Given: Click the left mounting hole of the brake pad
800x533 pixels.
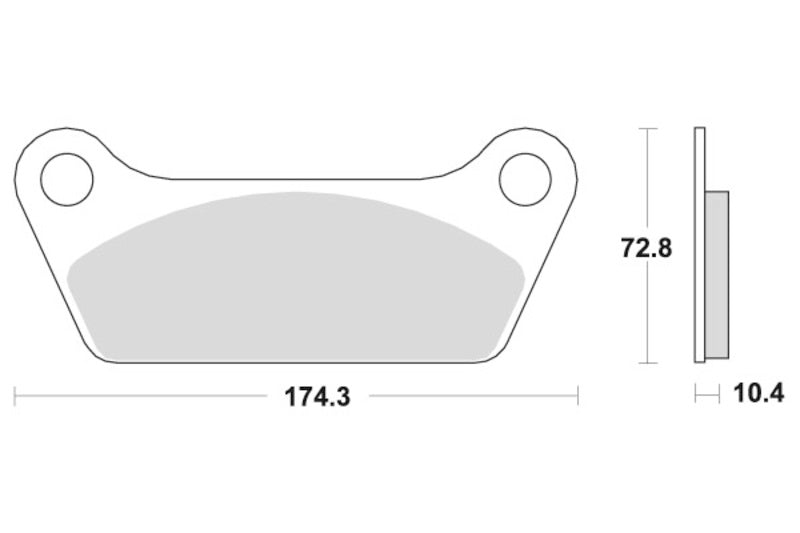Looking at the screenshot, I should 66,178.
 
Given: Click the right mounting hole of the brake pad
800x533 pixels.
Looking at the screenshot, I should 525,178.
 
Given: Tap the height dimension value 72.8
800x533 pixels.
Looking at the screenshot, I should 646,246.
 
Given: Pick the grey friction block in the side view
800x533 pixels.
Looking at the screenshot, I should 717,273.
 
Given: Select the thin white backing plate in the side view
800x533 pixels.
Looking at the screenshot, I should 699,245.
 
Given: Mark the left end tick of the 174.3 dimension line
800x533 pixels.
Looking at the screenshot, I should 15,397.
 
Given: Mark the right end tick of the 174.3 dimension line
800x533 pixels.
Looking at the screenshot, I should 578,397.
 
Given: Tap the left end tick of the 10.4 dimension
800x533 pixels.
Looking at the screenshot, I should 695,396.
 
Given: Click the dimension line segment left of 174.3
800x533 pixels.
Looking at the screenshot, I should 140,397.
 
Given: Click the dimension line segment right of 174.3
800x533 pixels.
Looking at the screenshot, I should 470,397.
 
